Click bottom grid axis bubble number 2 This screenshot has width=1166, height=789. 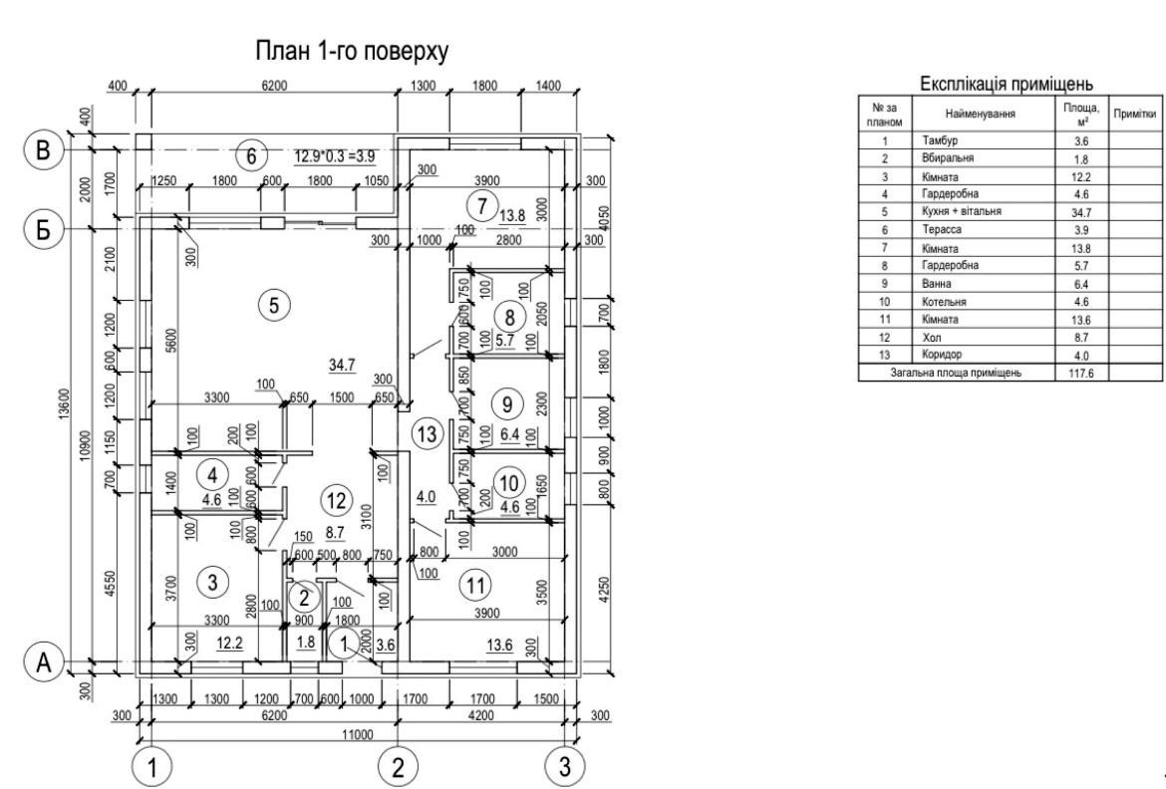click(x=398, y=767)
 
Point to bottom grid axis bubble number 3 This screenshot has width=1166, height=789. click(x=564, y=767)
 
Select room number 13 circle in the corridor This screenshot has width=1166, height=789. click(x=427, y=434)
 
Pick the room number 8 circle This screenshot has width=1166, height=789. click(x=508, y=319)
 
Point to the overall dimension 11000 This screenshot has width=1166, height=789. click(x=356, y=734)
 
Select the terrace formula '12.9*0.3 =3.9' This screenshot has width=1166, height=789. click(x=335, y=156)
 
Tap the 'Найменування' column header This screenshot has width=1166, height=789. click(x=983, y=115)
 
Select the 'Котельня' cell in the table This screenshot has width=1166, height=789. click(x=942, y=302)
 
